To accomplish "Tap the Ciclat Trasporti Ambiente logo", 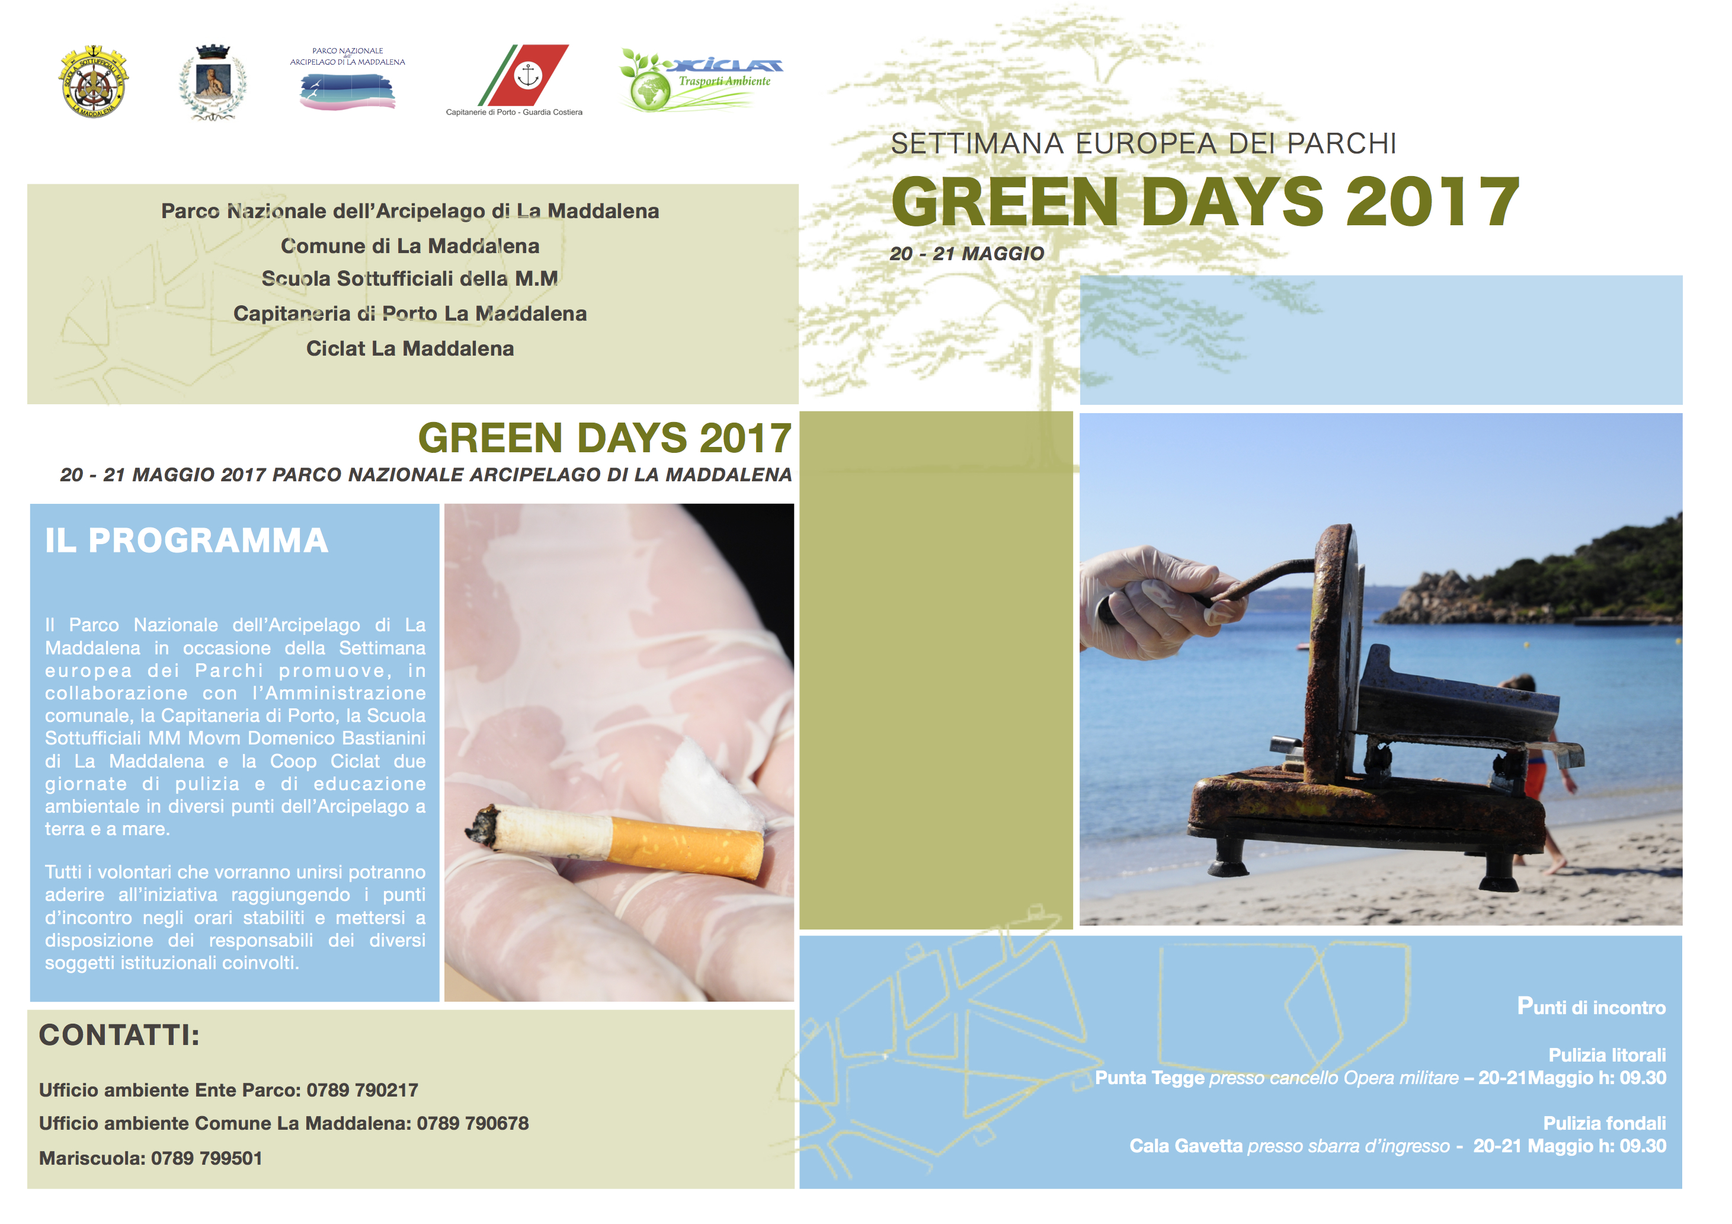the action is [701, 79].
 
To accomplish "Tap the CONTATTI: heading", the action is [119, 1036].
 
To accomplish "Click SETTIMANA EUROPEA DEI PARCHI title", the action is [1144, 143].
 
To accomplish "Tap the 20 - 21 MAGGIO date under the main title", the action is [967, 254].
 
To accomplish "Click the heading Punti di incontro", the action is [1591, 1006].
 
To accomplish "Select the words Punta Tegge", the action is [1150, 1078].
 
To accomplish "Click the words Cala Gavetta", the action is [1186, 1146].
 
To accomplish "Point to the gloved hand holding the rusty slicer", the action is [1150, 600].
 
